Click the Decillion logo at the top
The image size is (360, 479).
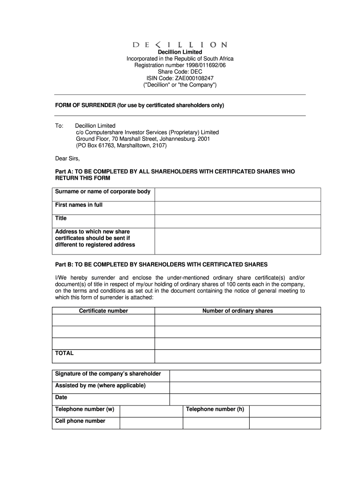point(180,45)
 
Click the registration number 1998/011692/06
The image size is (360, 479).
point(180,65)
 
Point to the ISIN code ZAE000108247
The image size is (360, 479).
point(180,78)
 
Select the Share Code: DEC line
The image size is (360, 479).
point(180,72)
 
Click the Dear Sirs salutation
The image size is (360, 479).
point(68,158)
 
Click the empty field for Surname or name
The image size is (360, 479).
point(238,195)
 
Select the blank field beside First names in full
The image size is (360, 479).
point(238,208)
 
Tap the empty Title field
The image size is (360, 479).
point(238,221)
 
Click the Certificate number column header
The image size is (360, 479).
point(103,311)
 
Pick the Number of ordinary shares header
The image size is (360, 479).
point(238,311)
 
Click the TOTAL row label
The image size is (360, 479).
point(65,353)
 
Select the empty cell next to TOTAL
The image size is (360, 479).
point(238,356)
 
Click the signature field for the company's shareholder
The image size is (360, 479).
point(245,376)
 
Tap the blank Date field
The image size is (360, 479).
point(245,399)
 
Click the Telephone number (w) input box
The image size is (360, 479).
point(151,411)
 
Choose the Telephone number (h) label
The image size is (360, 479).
point(215,409)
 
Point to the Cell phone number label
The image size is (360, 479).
point(80,421)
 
